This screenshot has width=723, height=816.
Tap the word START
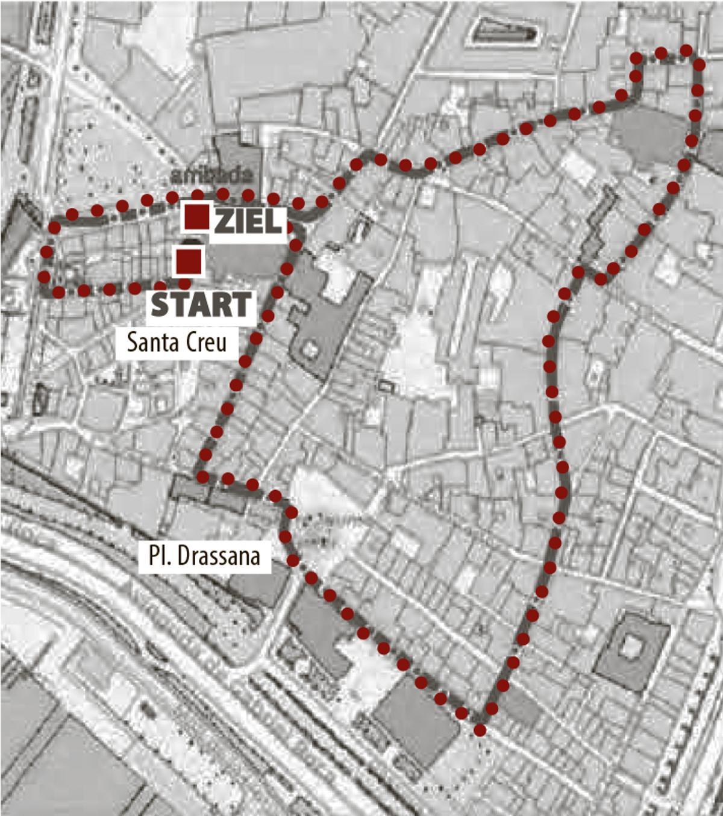point(201,305)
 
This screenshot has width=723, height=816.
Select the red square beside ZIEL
point(197,217)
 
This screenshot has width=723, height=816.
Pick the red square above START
point(189,261)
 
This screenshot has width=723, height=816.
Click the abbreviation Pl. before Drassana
point(160,556)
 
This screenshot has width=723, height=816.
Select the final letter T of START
point(240,305)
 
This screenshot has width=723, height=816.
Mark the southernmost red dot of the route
point(480,730)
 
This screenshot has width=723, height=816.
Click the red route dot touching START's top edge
point(184,284)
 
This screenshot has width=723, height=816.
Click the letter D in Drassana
point(186,556)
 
